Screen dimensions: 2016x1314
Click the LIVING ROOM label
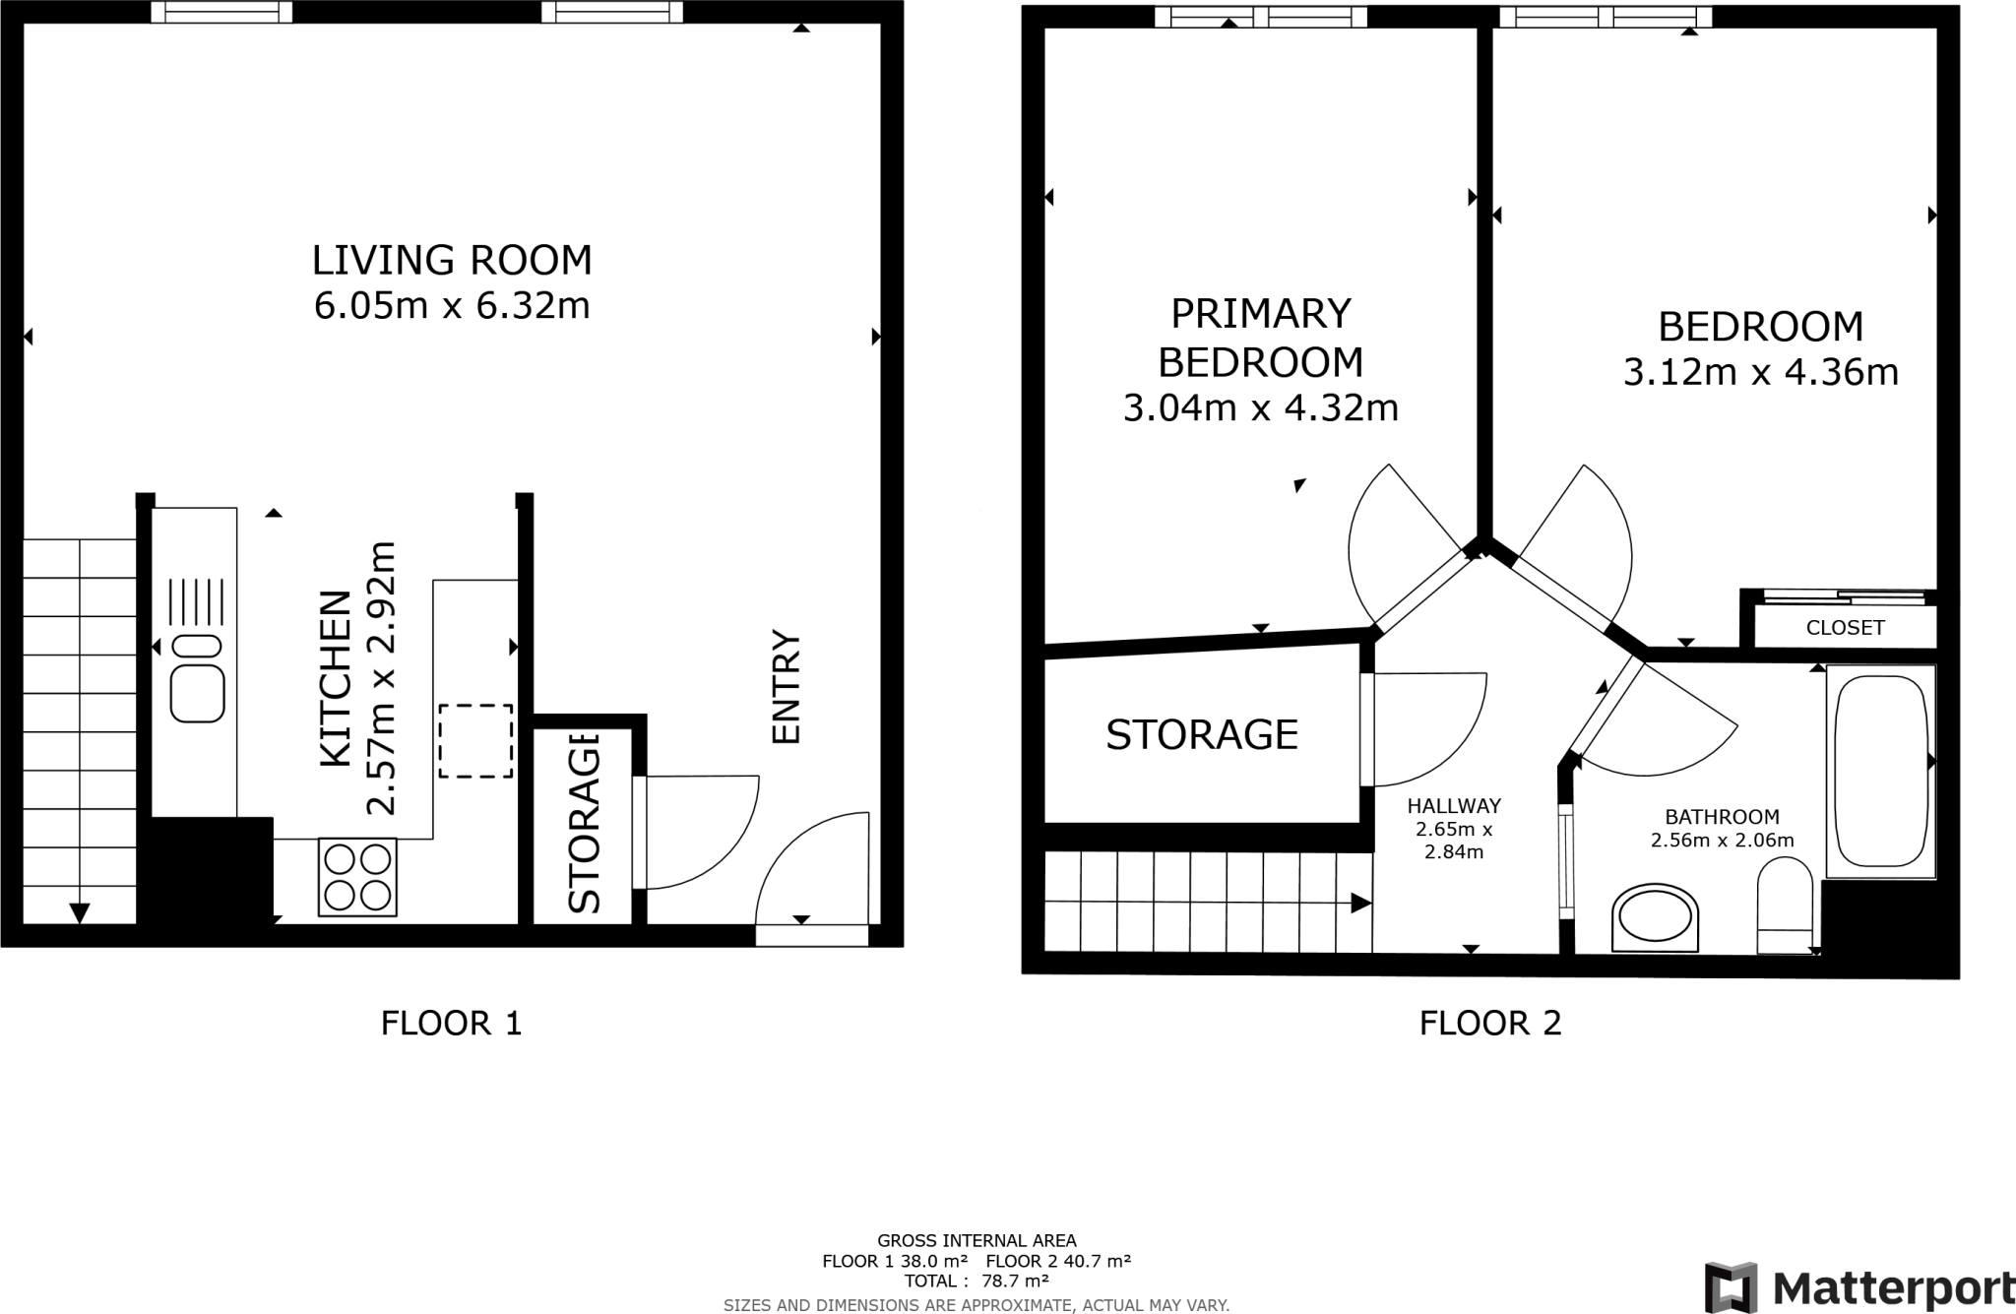pyautogui.click(x=452, y=260)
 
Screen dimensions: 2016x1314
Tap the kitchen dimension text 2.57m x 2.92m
pyautogui.click(x=380, y=678)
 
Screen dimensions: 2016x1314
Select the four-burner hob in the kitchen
pyautogui.click(x=357, y=877)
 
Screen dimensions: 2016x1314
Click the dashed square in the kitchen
pyautogui.click(x=475, y=741)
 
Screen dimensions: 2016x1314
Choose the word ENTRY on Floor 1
pyautogui.click(x=787, y=687)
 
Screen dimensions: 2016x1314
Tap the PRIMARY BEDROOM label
pyautogui.click(x=1261, y=338)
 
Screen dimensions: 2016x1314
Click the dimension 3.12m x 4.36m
pyautogui.click(x=1761, y=372)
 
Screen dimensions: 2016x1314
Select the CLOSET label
pyautogui.click(x=1846, y=628)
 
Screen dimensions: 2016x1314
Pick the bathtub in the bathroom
pyautogui.click(x=1881, y=771)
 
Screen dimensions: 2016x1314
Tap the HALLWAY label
pyautogui.click(x=1454, y=806)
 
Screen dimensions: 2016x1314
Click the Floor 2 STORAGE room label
pyautogui.click(x=1202, y=734)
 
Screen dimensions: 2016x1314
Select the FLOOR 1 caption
pyautogui.click(x=452, y=1024)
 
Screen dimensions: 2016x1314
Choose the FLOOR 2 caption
pyautogui.click(x=1490, y=1024)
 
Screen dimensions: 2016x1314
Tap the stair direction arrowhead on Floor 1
pyautogui.click(x=80, y=913)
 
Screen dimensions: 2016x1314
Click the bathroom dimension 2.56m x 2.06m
pyautogui.click(x=1723, y=841)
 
